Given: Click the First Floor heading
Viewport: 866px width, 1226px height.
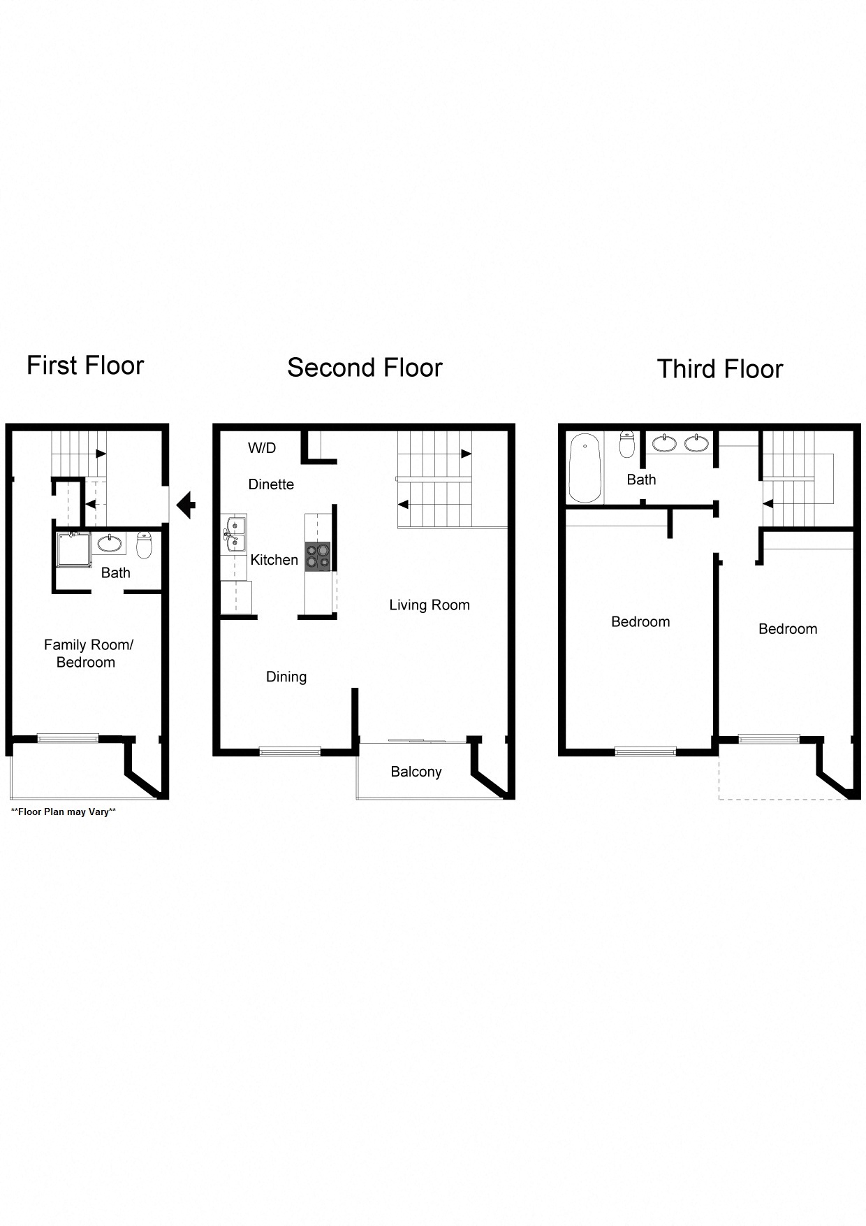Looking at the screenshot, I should (85, 366).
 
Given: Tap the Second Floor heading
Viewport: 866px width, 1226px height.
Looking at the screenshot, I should (365, 368).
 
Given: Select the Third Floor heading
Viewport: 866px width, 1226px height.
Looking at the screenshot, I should (719, 369).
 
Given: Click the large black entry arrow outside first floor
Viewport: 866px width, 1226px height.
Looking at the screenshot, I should (186, 504).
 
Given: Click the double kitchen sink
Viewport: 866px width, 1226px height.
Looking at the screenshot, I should (235, 534).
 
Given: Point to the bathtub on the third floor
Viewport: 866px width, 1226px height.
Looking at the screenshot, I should (585, 468).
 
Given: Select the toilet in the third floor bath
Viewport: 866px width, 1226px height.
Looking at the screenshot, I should (627, 445).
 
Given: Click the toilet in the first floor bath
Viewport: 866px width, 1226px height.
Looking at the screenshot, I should (144, 545).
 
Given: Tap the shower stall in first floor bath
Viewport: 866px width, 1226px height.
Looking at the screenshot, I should (73, 549).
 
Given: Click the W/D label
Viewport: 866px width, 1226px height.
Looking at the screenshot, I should (262, 448).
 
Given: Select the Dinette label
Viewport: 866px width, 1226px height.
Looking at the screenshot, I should (271, 484).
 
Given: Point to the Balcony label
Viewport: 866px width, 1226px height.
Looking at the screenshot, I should (416, 772).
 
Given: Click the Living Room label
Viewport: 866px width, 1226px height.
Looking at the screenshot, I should (429, 605).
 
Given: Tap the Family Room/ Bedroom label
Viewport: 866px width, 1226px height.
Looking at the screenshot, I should (87, 654).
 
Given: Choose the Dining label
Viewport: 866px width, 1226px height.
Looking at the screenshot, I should (286, 677).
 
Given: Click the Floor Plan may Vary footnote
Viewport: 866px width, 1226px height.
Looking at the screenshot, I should (63, 812).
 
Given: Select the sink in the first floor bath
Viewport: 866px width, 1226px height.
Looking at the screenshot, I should (109, 543).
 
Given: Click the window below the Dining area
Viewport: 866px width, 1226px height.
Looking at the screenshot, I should (290, 751).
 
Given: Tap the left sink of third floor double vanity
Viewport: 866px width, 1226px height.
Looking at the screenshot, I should (664, 443).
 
